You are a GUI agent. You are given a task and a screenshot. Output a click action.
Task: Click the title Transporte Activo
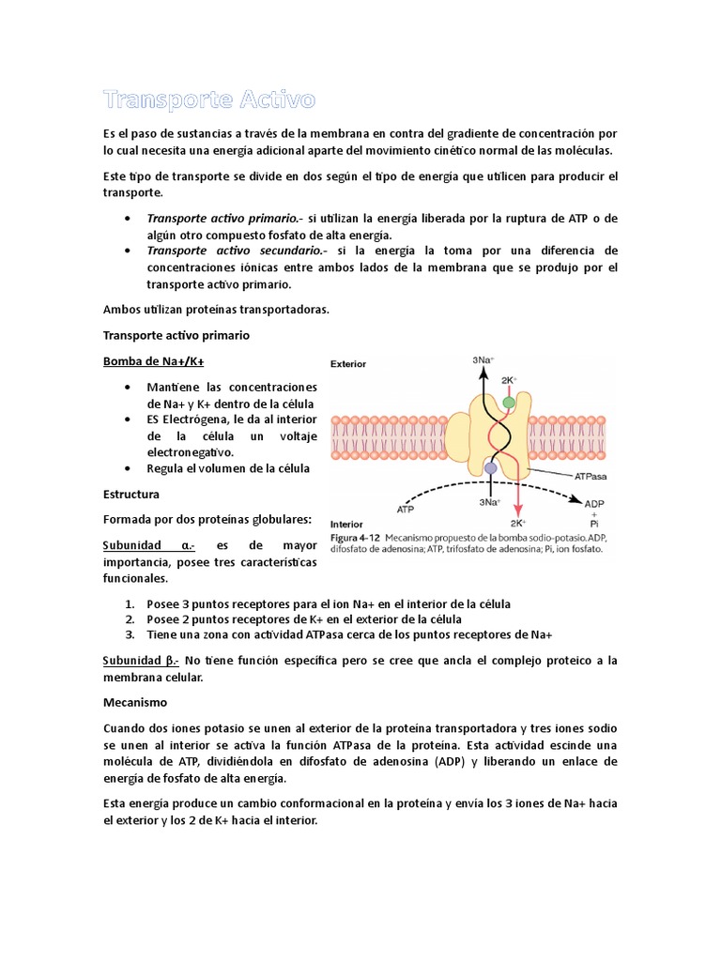pos(208,99)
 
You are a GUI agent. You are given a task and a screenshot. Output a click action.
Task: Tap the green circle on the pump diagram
pos(508,402)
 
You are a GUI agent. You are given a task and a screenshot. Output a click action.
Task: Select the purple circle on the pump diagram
pos(490,467)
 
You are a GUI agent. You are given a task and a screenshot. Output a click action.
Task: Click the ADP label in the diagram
pos(594,504)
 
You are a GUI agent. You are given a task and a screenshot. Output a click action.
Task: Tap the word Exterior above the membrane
pos(348,363)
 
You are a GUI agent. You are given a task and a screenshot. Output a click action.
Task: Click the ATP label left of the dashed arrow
pos(406,510)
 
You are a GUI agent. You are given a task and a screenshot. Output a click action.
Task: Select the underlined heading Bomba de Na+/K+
pos(153,361)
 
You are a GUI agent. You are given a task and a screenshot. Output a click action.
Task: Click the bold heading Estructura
pos(130,493)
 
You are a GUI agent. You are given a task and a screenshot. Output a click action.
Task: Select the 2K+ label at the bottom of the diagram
pos(517,524)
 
